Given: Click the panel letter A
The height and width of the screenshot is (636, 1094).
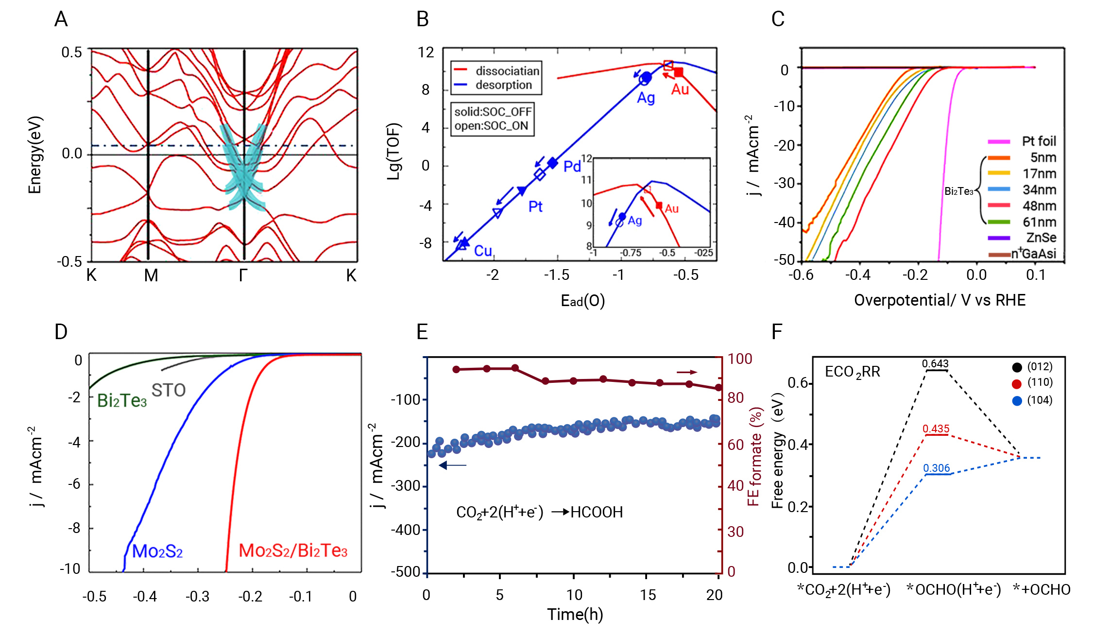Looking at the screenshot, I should pos(61,19).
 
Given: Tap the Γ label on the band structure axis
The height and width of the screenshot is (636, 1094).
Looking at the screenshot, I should pos(243,275).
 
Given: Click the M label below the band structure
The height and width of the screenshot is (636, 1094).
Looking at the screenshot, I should pos(151,275).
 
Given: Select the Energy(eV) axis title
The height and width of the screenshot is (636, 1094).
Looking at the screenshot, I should pos(35,155).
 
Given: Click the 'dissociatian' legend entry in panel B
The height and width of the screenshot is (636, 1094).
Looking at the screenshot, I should pos(507,71).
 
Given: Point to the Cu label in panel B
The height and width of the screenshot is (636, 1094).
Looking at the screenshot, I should pos(483,251).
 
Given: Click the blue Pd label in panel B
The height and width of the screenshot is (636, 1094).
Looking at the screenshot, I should pos(572,167).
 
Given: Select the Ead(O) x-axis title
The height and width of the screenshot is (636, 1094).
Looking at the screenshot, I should pos(582,301).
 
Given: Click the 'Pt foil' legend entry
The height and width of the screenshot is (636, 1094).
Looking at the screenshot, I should pos(1039,141).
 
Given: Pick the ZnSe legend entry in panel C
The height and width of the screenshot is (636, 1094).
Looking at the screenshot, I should pos(1041,238).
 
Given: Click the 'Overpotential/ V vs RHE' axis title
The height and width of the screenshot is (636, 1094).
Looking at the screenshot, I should pos(940,300).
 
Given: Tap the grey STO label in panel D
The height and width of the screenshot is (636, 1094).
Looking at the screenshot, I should pos(169,390).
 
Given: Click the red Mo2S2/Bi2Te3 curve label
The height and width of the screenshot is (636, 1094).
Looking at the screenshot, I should pos(293,550).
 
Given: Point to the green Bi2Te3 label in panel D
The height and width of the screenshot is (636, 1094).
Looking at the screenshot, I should pos(121,401).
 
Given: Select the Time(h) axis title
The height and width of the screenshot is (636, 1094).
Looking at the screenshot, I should pos(575,615).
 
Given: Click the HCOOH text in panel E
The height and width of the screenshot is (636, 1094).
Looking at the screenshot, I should pos(596,512).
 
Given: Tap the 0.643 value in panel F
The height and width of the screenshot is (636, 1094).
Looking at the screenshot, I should pos(935,363).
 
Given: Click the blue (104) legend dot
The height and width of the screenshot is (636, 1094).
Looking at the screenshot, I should pos(1017,401).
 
